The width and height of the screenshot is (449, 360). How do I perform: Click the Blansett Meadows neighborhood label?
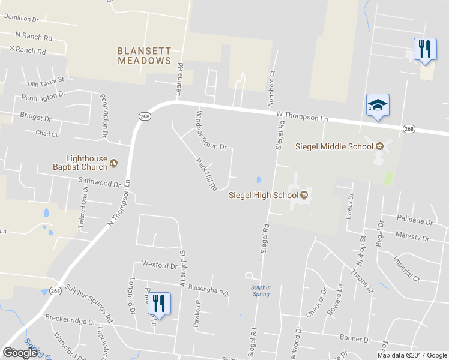point(144,56)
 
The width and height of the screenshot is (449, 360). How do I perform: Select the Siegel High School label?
point(264,194)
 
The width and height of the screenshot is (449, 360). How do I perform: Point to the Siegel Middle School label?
point(335,147)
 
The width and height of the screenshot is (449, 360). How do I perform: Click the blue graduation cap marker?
point(378,106)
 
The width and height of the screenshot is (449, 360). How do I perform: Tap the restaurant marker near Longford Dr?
point(159,302)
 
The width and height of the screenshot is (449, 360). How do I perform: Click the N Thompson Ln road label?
point(119,203)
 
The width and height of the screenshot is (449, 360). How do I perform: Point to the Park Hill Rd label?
point(206,174)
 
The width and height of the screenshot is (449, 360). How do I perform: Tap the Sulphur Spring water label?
point(261,291)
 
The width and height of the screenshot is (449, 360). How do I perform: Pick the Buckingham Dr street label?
point(209,291)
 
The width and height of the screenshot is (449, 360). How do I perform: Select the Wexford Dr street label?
point(159,264)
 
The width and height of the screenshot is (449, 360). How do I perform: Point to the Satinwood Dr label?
point(100,181)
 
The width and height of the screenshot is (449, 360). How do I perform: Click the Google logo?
point(20,353)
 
